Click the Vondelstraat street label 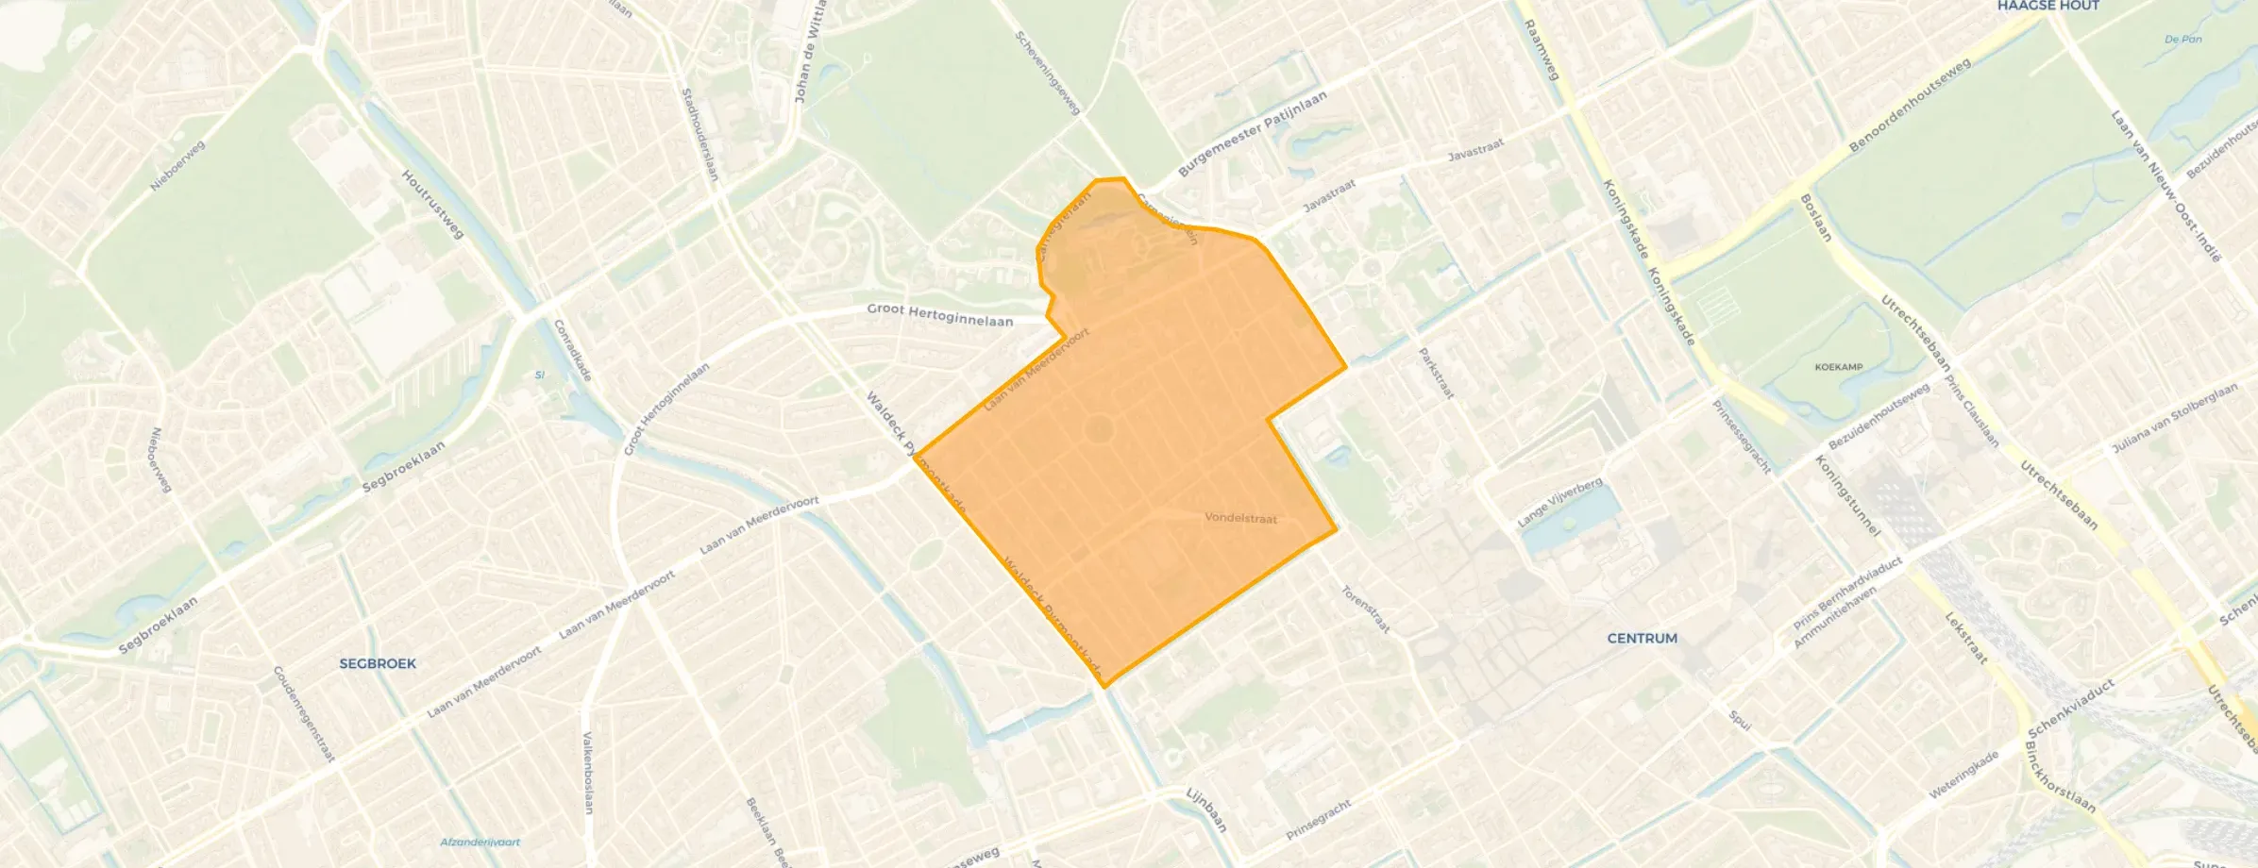[x=1240, y=518]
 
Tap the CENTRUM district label [x=1642, y=639]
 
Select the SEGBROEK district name [x=378, y=664]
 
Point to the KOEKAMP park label [x=1838, y=367]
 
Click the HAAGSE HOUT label [x=2047, y=6]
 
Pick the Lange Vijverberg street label [x=1559, y=502]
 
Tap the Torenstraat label [x=1365, y=609]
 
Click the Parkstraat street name [x=1436, y=373]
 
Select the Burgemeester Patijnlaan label [x=1252, y=133]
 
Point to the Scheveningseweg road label [x=1047, y=73]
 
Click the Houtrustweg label [x=433, y=204]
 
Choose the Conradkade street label [x=572, y=350]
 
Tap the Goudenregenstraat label [x=303, y=713]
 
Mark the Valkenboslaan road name [x=587, y=772]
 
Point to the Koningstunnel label [x=1847, y=496]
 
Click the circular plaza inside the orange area [x=1099, y=430]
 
